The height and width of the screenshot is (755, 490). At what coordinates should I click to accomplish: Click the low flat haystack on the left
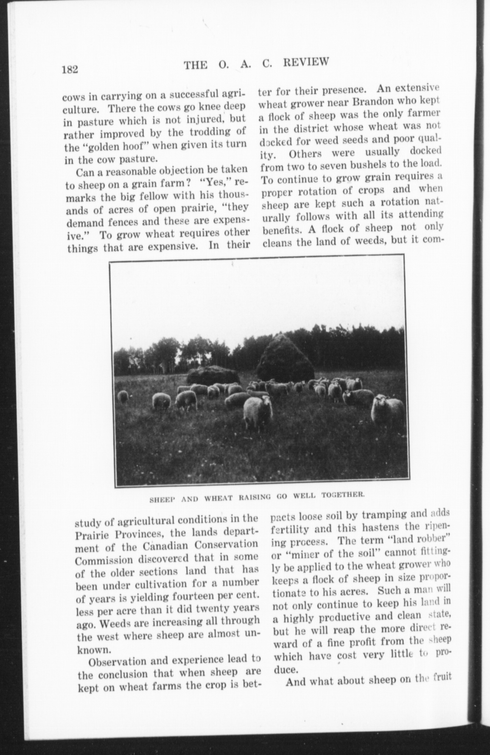click(x=213, y=375)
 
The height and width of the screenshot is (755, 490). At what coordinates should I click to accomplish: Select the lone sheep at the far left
click(x=123, y=397)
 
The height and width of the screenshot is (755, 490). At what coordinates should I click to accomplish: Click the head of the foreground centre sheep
click(x=267, y=401)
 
